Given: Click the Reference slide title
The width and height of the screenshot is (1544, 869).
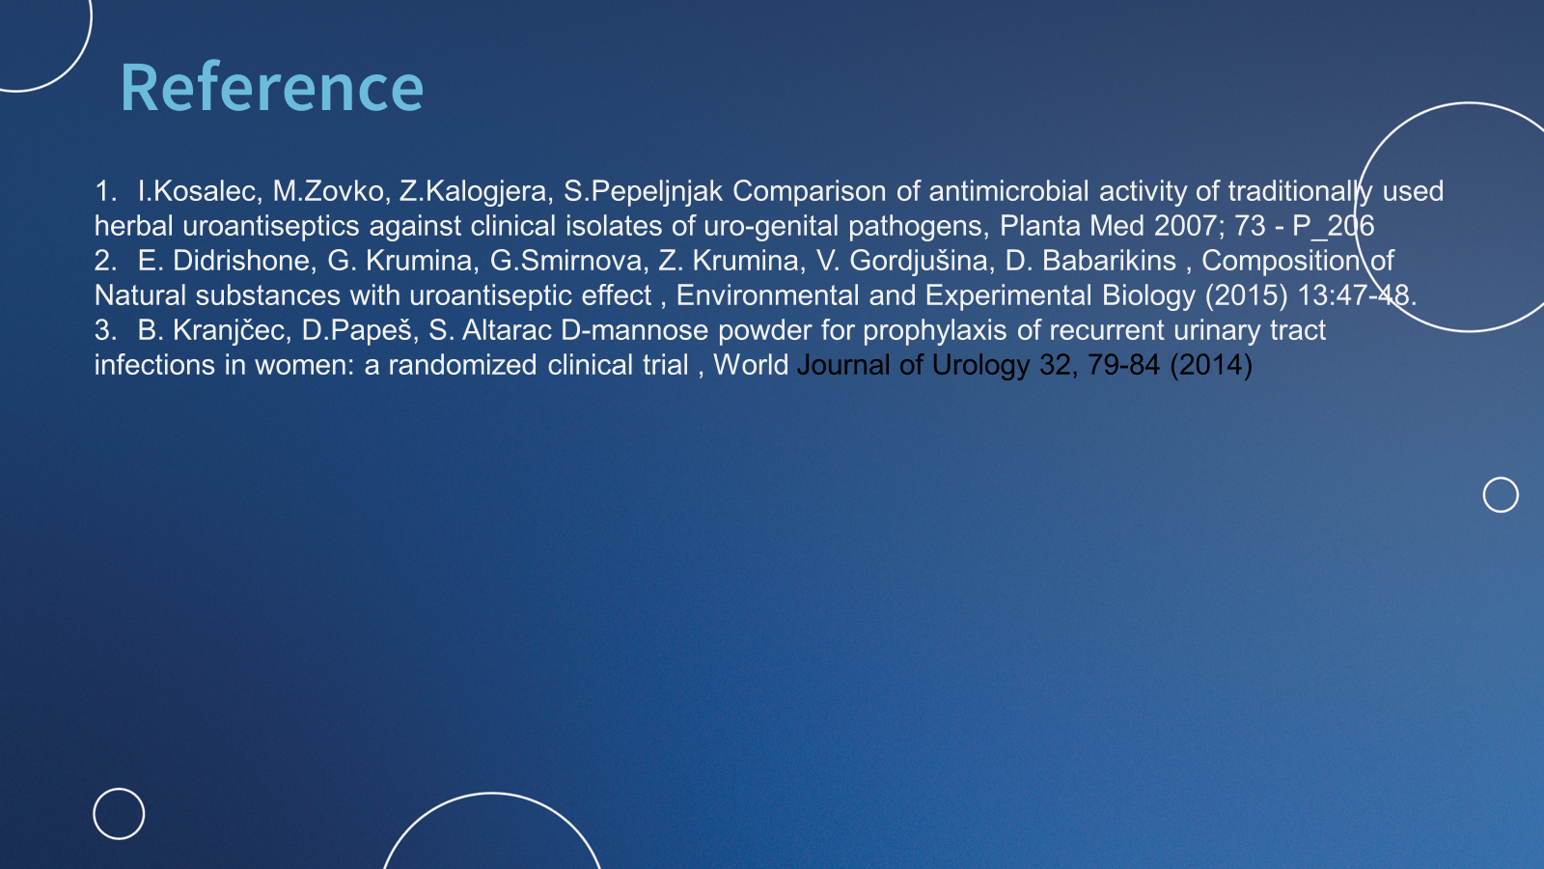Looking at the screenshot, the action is (271, 87).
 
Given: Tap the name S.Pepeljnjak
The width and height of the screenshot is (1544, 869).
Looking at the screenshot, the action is (643, 192).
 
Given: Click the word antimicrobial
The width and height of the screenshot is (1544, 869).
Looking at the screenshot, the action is (1009, 191).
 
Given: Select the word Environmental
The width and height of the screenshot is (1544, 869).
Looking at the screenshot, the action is (767, 295).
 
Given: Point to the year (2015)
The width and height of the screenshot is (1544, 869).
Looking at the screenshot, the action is (1246, 295).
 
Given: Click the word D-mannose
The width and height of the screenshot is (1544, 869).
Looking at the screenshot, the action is (635, 330).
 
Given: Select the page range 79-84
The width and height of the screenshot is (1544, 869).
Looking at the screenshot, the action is (1123, 365).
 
